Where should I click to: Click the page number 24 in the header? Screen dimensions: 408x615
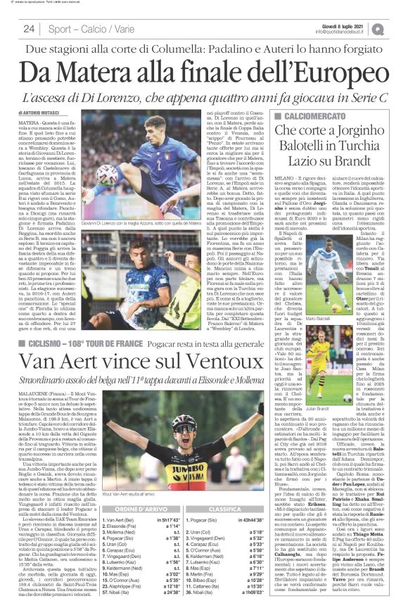(29, 29)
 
